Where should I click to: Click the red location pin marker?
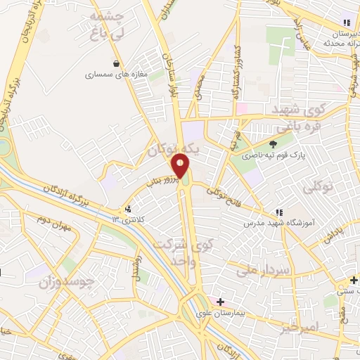(181, 167)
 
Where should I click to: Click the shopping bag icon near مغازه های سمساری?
(116, 63)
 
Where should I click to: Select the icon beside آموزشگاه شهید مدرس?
(279, 212)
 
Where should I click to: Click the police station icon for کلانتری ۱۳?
(127, 209)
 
